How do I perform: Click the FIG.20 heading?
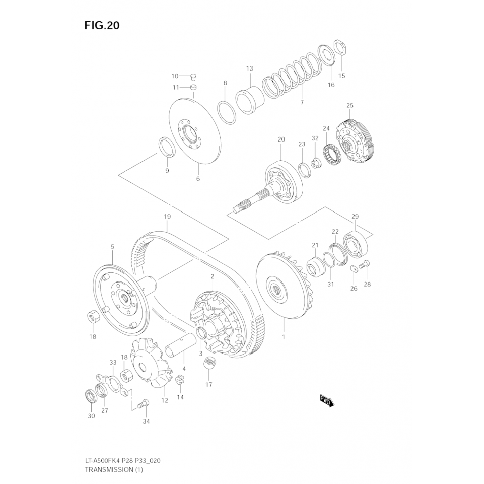coord(102,25)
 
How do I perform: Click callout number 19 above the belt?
coord(167,217)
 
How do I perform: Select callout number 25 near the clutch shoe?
coord(350,105)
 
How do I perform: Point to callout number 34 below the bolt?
coord(146,421)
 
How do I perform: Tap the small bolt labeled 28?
coord(365,264)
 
